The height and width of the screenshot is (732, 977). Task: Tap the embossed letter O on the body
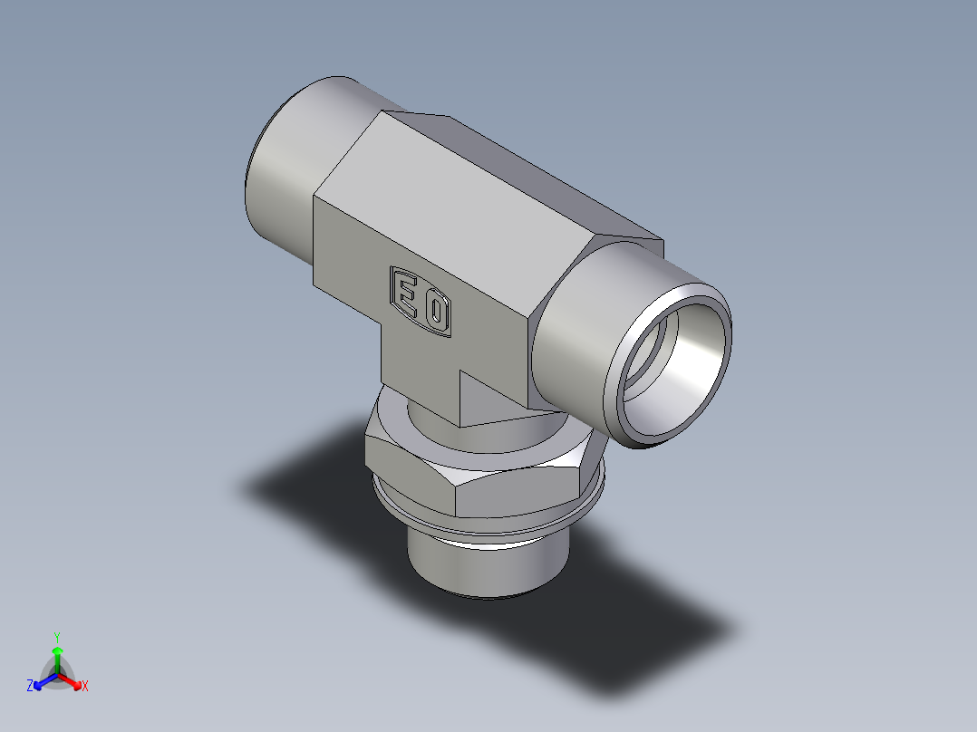click(x=436, y=313)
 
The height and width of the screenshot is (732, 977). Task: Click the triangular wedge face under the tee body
click(x=489, y=399)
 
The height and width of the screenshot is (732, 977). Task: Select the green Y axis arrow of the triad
click(x=57, y=656)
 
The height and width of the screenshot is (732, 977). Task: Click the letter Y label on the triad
click(x=57, y=636)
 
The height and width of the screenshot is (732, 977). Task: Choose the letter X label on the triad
click(x=85, y=687)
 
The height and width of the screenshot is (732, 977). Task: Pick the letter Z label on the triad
click(x=30, y=687)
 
